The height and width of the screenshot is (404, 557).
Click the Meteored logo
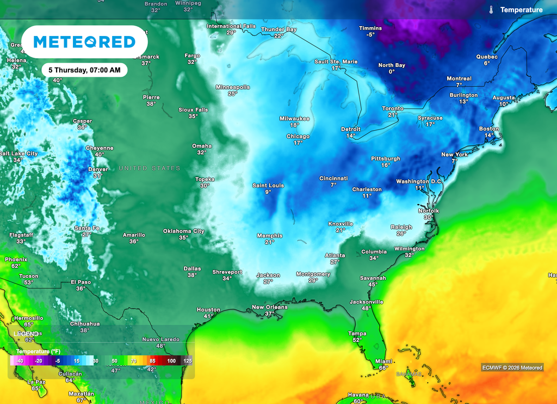[x=84, y=42]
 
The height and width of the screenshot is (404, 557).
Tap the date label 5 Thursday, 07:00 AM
[x=84, y=70]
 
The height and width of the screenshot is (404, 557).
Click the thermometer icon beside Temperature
[x=491, y=10]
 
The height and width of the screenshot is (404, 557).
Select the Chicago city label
[x=298, y=136]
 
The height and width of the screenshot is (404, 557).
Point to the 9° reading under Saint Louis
[x=268, y=192]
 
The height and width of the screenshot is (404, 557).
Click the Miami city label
[x=383, y=362]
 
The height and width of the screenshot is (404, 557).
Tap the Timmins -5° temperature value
[x=370, y=35]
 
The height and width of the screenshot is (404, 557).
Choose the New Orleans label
[x=269, y=307]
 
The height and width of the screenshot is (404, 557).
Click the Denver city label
[x=98, y=169]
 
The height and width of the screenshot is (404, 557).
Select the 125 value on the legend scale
[x=187, y=360]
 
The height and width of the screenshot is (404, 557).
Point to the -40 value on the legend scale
[x=19, y=360]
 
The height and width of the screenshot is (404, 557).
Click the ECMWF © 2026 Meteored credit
[x=512, y=368]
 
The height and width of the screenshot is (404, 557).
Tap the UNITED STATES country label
[x=150, y=168]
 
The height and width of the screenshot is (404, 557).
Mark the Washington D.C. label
[x=419, y=181]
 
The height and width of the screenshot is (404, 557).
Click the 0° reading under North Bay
[x=392, y=72]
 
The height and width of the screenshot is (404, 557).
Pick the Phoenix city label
[x=16, y=259]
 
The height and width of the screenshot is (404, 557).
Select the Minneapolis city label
[x=233, y=87]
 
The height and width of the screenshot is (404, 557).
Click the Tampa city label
[x=357, y=333]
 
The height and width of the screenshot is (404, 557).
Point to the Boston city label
[x=489, y=128]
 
